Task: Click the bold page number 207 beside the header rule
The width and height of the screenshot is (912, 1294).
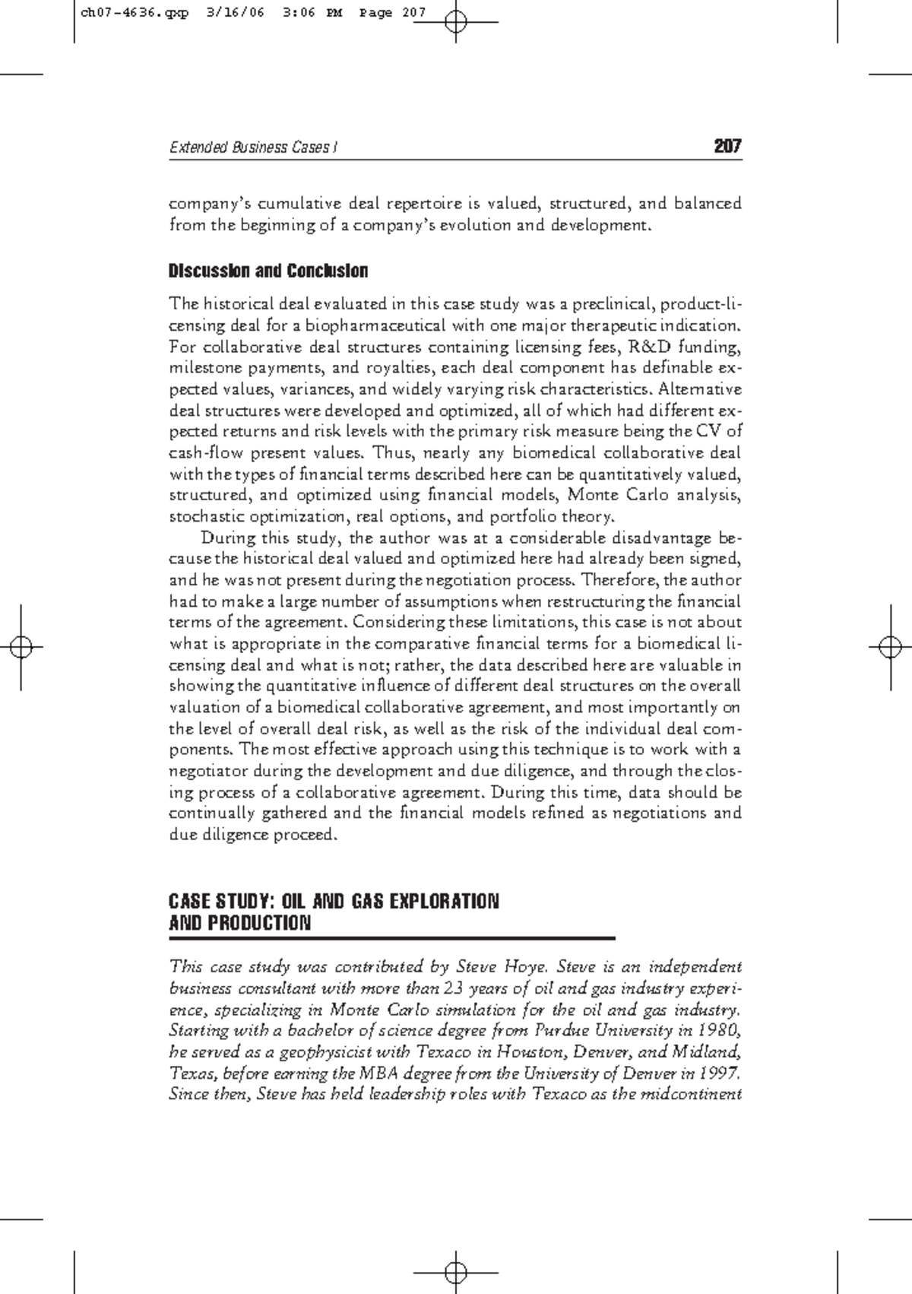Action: point(727,147)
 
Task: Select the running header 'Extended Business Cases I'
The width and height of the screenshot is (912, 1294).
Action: point(253,147)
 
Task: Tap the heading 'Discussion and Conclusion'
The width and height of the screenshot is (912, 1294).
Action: point(268,271)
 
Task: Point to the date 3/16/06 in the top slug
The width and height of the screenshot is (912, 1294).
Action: point(235,13)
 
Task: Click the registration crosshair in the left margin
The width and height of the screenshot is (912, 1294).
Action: point(22,646)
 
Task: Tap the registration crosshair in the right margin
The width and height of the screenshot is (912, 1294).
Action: point(890,646)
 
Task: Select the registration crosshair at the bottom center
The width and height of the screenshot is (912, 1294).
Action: point(456,1271)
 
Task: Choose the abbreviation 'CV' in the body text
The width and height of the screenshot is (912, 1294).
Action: point(707,432)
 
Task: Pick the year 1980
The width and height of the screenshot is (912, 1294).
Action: point(718,1031)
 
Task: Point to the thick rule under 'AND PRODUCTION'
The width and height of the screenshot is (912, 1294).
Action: point(391,939)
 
